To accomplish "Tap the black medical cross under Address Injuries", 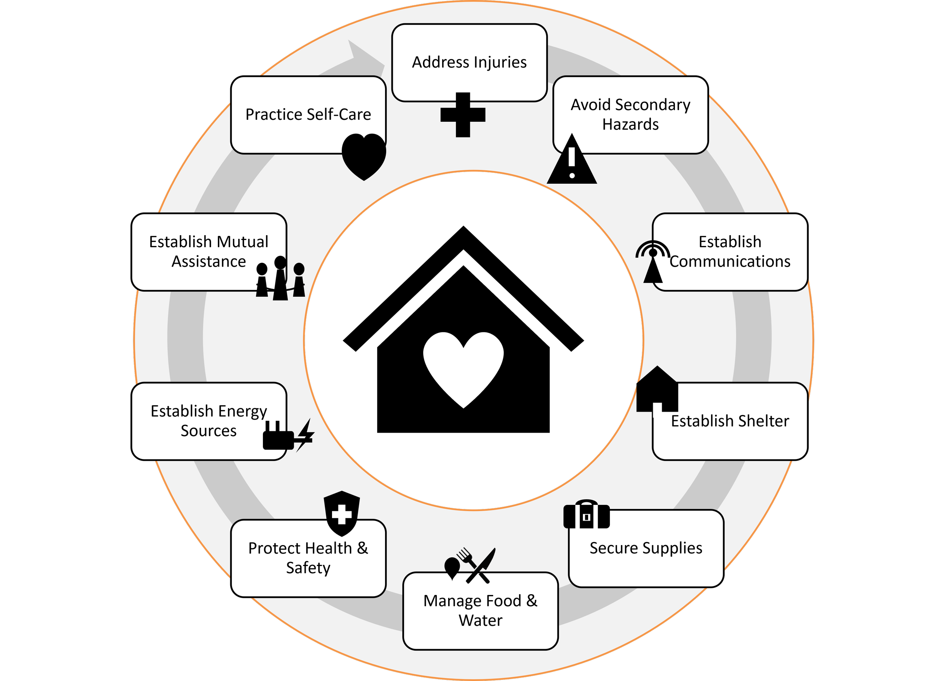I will [x=463, y=115].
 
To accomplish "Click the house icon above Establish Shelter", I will [x=657, y=389].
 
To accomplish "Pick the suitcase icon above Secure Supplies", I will [x=586, y=515].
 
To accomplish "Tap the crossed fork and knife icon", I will [x=476, y=565].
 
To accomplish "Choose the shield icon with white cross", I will [x=341, y=513].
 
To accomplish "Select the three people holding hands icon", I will [x=281, y=278].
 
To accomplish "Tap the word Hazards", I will [x=630, y=124].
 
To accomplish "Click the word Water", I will [x=480, y=621].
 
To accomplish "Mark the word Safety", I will [x=308, y=568].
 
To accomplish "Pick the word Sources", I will [x=209, y=431].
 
